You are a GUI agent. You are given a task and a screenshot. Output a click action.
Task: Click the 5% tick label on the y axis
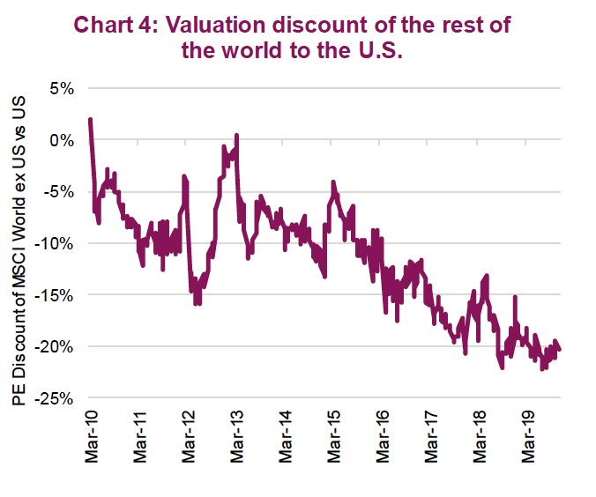tap(63, 88)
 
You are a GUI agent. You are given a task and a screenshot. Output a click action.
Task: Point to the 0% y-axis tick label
tap(63, 139)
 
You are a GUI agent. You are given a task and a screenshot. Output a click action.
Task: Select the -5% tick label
tap(60, 191)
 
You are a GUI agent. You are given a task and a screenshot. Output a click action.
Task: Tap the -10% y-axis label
tap(56, 242)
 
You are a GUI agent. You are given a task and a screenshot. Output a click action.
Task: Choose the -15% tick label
tap(56, 294)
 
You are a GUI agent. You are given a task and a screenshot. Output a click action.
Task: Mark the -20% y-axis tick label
tap(56, 345)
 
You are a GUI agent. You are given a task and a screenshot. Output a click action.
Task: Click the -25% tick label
tap(56, 397)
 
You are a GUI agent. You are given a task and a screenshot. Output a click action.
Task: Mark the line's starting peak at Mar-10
tap(90, 120)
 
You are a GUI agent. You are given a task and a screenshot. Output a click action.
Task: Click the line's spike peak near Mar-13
tap(237, 136)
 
